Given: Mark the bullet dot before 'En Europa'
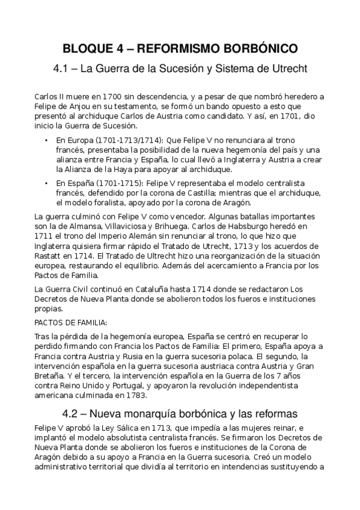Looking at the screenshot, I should (x=47, y=140).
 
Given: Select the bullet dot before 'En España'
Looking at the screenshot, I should (x=47, y=182).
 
